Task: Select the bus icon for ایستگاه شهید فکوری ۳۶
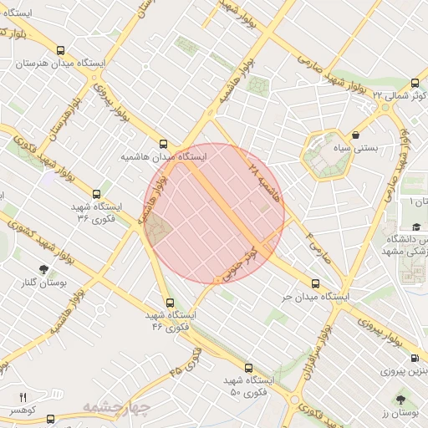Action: tap(96, 194)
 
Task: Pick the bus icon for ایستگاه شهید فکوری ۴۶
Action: tap(171, 303)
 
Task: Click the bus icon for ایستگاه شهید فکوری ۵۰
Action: tap(248, 368)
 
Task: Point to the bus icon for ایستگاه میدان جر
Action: tap(315, 283)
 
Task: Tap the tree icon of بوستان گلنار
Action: tap(43, 269)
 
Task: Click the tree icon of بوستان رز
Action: tap(404, 400)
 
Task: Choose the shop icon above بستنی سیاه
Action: tap(356, 134)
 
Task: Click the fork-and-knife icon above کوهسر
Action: tap(23, 396)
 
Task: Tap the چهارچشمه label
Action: tap(115, 408)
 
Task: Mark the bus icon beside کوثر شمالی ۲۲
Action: tap(415, 83)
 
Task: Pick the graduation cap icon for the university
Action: tap(415, 227)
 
